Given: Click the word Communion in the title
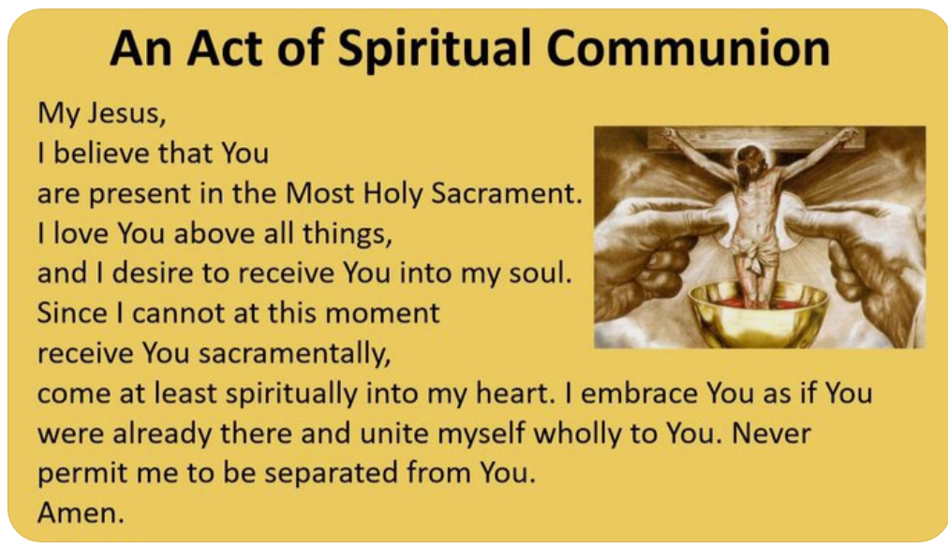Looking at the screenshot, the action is (688, 49).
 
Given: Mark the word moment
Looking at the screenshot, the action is (382, 313).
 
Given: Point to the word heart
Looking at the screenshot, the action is (515, 393).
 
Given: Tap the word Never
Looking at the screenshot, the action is (771, 434).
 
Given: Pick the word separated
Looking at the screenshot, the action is (332, 474).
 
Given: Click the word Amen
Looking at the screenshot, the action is (81, 513).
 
